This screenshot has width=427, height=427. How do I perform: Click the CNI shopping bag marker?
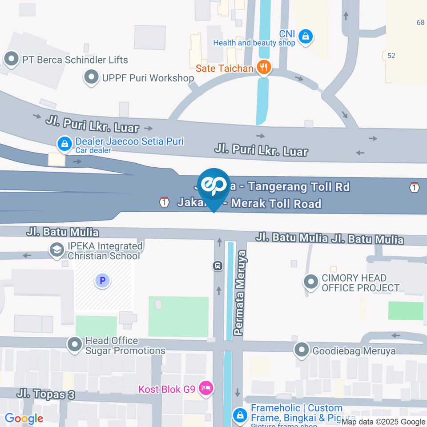(306, 36)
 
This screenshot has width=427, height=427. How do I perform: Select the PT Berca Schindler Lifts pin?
(11, 58)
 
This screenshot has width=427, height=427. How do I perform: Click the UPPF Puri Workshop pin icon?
(92, 78)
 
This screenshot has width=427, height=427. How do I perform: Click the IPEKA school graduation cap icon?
(57, 250)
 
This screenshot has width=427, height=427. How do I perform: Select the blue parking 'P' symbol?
(102, 281)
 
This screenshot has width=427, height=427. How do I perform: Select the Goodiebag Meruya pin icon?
(302, 350)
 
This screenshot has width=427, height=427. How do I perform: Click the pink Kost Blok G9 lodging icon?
(205, 388)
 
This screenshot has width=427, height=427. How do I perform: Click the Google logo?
(24, 418)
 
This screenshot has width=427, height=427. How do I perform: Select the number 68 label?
(421, 22)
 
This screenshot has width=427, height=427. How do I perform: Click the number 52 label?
(391, 55)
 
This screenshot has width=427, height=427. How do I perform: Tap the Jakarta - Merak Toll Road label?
(249, 203)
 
